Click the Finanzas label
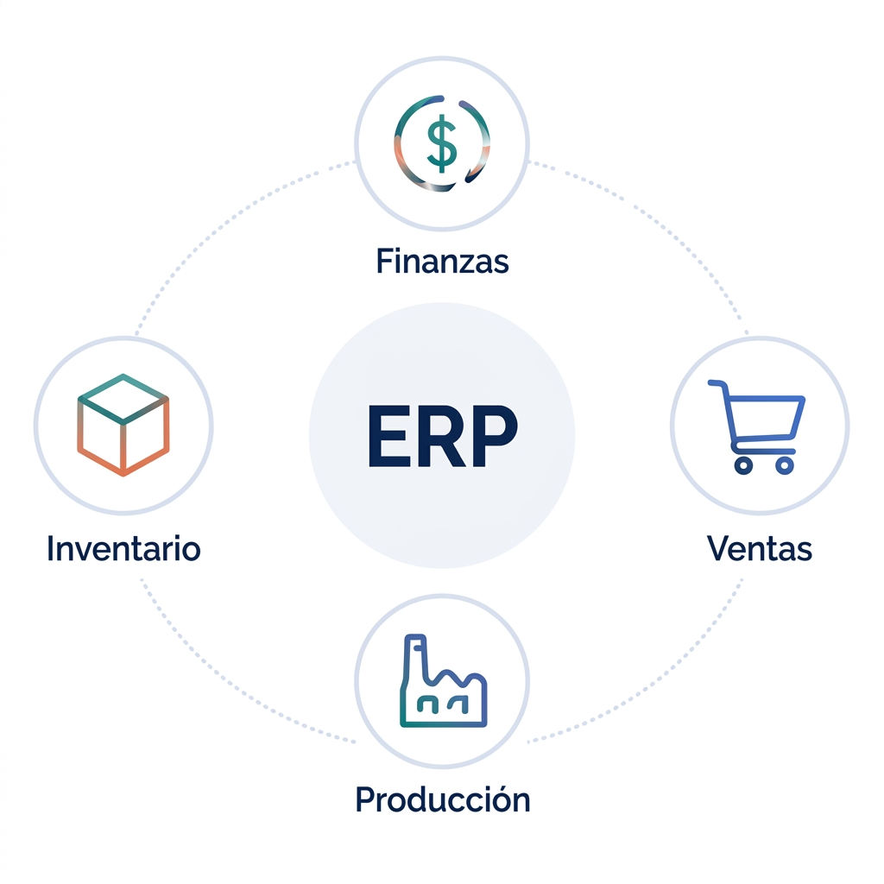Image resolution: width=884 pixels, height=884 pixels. (x=443, y=262)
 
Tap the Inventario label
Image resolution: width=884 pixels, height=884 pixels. (x=123, y=548)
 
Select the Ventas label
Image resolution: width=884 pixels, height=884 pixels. (x=760, y=548)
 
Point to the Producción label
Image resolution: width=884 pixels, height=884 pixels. (x=443, y=799)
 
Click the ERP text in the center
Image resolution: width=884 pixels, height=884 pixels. (x=443, y=436)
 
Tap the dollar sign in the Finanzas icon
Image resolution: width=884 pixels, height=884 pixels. (x=442, y=143)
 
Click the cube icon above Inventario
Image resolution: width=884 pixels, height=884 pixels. (x=123, y=425)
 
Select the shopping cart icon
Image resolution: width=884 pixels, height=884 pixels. (x=756, y=426)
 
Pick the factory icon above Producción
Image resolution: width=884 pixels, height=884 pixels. (x=443, y=681)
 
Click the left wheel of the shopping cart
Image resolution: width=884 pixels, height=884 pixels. (x=743, y=465)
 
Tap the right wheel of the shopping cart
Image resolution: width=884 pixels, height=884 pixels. (x=784, y=465)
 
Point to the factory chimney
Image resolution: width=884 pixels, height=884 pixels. (x=416, y=657)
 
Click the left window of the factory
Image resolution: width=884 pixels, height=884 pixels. (x=427, y=704)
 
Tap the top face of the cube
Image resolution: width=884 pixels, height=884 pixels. (x=123, y=399)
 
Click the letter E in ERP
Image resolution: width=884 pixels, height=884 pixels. (x=389, y=436)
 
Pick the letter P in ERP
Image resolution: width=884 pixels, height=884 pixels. (x=496, y=436)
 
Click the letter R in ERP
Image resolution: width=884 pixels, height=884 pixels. (x=441, y=436)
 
